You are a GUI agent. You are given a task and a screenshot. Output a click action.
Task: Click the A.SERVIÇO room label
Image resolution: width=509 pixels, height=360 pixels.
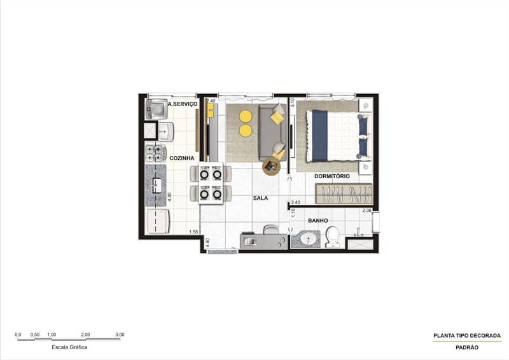click(x=183, y=104)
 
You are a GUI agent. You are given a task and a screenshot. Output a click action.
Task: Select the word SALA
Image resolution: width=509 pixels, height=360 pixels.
click(x=260, y=198)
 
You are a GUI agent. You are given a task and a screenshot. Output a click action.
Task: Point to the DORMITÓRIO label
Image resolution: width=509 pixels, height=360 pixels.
click(x=331, y=176)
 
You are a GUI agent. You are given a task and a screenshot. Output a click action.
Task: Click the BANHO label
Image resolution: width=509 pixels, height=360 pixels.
click(x=317, y=221)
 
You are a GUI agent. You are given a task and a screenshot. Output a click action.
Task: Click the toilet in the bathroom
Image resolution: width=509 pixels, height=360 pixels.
click(x=333, y=237)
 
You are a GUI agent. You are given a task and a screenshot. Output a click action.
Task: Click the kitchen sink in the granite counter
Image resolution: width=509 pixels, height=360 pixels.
click(x=156, y=185)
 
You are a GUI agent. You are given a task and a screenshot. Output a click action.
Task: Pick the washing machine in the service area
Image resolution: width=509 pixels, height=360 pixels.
click(x=156, y=109)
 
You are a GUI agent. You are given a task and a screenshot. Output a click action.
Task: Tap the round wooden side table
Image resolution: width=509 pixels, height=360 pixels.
click(x=271, y=167)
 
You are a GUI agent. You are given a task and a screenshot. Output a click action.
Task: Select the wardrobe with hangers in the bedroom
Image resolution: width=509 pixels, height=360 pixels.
click(x=344, y=193)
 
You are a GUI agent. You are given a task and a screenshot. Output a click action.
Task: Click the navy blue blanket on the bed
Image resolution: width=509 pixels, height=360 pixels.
click(x=318, y=135)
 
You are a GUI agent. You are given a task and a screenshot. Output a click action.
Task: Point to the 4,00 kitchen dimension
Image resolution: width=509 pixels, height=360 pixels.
click(x=169, y=198)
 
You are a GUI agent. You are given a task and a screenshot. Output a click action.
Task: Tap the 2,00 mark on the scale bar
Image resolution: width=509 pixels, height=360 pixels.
click(x=85, y=335)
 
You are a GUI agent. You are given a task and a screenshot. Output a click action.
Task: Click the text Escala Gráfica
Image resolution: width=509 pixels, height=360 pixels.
click(x=69, y=347)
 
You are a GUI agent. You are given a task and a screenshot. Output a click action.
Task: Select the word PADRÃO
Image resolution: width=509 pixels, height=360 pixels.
click(x=467, y=347)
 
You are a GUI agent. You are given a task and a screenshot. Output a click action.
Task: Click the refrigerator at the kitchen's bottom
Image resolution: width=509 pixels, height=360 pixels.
click(x=158, y=222)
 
